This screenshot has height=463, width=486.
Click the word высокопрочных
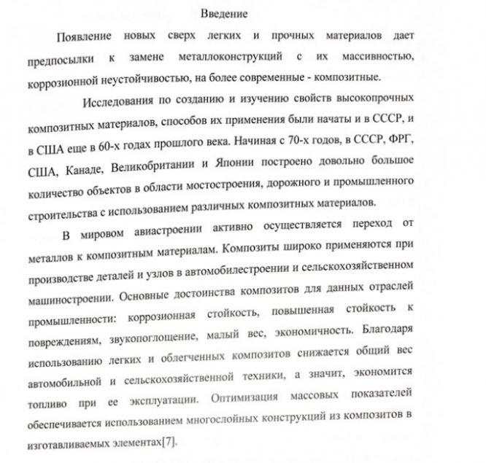[376, 98]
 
